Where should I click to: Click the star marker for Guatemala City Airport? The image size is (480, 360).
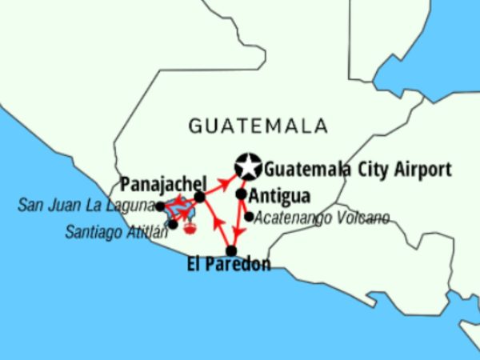point(248,166)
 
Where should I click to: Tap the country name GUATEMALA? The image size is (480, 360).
point(258,126)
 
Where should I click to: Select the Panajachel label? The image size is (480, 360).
point(163,182)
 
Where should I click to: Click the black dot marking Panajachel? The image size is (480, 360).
point(200,196)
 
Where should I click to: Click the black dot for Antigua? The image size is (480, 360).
point(242,194)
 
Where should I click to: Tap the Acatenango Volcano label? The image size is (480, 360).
point(322,218)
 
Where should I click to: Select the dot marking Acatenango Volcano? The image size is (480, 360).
point(249,216)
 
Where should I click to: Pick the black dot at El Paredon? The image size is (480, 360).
point(230,250)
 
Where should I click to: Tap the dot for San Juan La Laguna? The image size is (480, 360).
point(160,206)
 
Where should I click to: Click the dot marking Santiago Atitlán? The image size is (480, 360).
point(173,224)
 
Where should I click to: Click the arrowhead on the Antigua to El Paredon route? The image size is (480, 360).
point(237,231)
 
